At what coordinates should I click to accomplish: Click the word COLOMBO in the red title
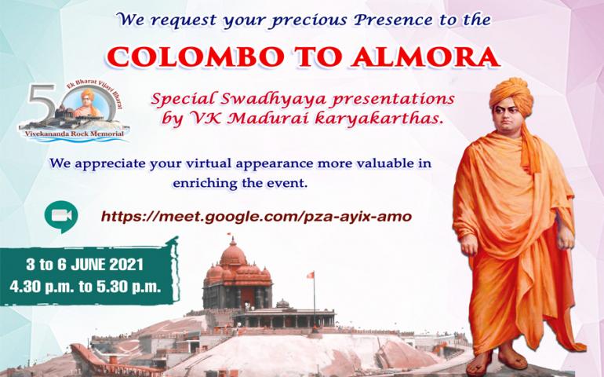195,57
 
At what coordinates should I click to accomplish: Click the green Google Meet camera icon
61,217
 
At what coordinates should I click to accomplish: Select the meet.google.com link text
257,217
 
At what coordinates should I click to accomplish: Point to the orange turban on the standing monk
511,95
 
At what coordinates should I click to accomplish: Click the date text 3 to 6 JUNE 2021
85,265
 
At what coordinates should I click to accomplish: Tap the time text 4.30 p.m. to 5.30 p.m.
86,287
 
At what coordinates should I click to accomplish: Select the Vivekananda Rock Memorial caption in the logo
75,134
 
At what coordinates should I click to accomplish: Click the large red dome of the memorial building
233,254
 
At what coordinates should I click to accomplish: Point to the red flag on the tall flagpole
310,275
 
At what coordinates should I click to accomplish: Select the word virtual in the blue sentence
209,163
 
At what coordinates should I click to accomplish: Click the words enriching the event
240,183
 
